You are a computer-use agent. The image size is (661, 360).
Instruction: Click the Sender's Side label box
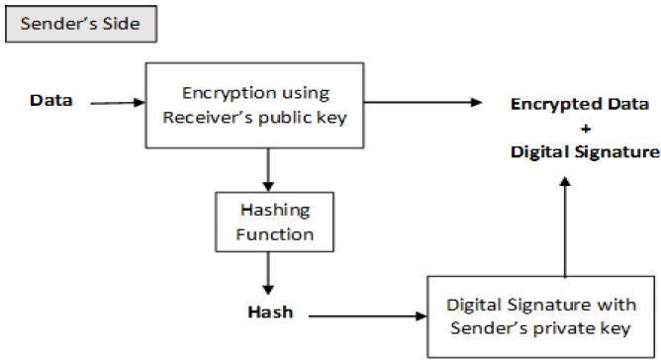pyautogui.click(x=81, y=25)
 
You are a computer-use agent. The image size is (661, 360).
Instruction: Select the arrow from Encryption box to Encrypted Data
pyautogui.click(x=425, y=101)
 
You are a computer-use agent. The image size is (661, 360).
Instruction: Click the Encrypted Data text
pyautogui.click(x=579, y=104)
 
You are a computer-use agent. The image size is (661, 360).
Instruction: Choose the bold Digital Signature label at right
pyautogui.click(x=584, y=151)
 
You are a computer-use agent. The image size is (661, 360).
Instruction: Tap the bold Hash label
pyautogui.click(x=268, y=314)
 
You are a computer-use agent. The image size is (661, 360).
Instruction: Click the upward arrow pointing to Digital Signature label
pyautogui.click(x=564, y=227)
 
